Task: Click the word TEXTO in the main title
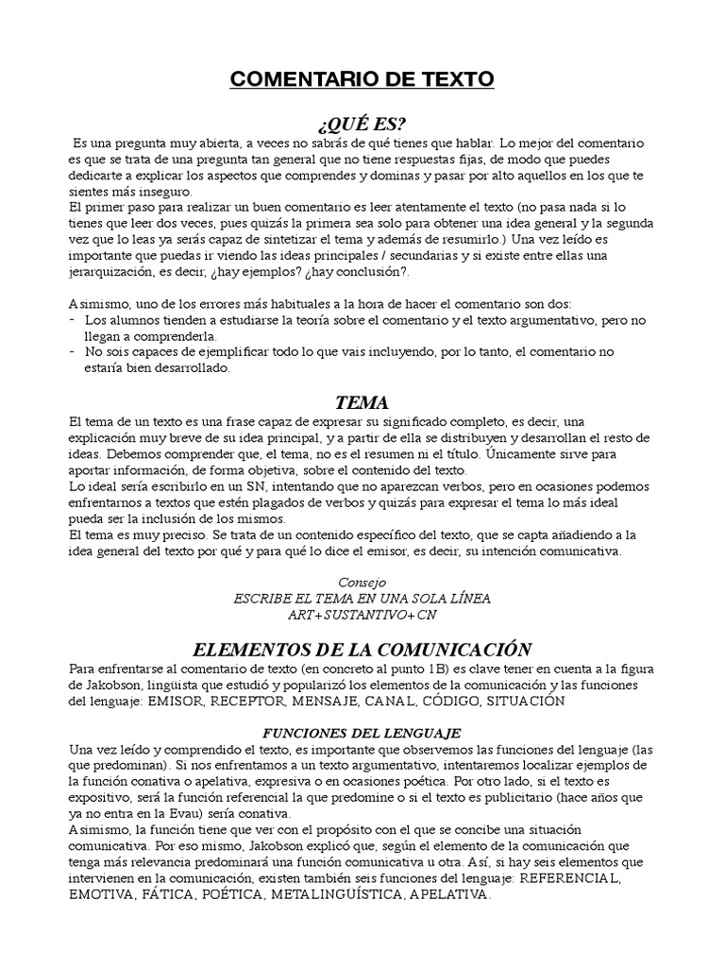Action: click(x=449, y=79)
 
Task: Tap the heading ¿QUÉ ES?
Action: click(x=362, y=124)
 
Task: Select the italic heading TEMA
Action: click(x=362, y=403)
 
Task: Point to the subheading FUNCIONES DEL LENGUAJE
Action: click(x=362, y=732)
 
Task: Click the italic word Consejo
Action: click(x=362, y=582)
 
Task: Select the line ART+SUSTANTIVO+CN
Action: click(x=362, y=614)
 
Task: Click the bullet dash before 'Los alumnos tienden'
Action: click(x=74, y=320)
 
